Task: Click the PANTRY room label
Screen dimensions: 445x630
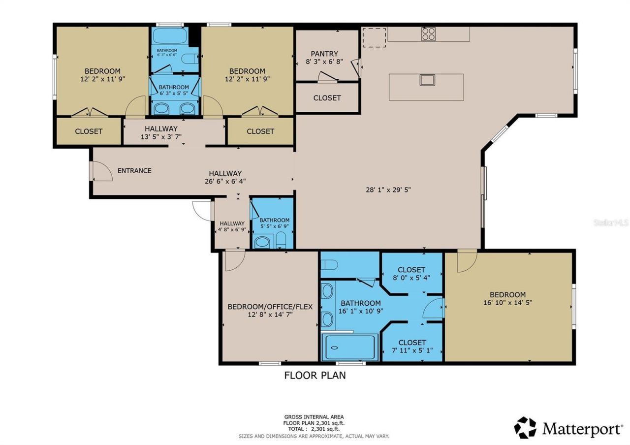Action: [324, 54]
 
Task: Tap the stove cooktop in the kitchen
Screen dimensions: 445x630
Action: [428, 33]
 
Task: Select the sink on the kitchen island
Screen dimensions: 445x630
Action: [427, 80]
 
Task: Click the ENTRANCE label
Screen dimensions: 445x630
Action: [134, 171]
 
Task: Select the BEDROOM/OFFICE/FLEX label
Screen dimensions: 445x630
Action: [270, 307]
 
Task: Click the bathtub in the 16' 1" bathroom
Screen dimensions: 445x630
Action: [349, 348]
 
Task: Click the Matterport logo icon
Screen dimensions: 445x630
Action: [525, 427]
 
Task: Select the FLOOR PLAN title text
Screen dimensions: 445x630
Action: [315, 376]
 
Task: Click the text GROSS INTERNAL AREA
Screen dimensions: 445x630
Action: [314, 417]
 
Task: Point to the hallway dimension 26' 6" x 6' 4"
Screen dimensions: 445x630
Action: [225, 181]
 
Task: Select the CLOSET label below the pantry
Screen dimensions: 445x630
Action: [327, 98]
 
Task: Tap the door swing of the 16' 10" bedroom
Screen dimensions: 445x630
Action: [466, 261]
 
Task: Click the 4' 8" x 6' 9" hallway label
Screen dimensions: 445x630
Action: [232, 229]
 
